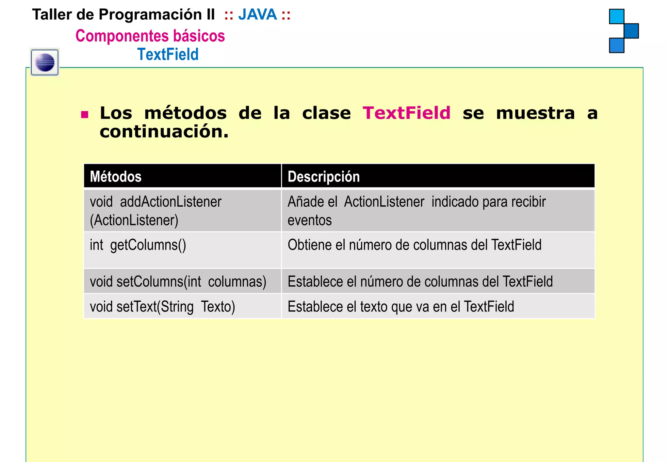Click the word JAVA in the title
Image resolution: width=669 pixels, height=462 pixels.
click(x=257, y=15)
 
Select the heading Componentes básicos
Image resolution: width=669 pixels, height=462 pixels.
click(x=150, y=36)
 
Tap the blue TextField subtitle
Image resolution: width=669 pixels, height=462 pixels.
click(x=168, y=54)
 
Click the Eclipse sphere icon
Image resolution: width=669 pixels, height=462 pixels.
click(x=45, y=62)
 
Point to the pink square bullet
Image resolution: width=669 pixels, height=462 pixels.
click(x=85, y=115)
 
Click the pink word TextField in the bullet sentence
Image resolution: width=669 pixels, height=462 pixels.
click(x=406, y=113)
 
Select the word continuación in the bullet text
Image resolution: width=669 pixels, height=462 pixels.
click(x=164, y=132)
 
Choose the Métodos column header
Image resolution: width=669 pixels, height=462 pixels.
click(x=116, y=177)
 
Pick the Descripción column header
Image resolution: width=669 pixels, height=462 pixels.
click(x=323, y=177)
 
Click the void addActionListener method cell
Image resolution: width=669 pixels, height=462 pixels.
click(x=155, y=211)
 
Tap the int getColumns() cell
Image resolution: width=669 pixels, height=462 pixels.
click(x=138, y=245)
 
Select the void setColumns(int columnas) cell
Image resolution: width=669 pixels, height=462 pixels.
click(x=178, y=281)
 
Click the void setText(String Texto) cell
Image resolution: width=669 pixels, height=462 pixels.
click(x=162, y=307)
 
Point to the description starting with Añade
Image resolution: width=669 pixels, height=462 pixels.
click(x=416, y=211)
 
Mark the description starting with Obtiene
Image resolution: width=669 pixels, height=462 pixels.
click(x=414, y=245)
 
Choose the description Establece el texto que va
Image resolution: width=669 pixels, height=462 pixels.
click(x=400, y=307)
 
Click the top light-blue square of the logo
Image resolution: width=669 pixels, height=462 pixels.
click(x=616, y=16)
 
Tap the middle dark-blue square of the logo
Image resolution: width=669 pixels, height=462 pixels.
click(x=631, y=31)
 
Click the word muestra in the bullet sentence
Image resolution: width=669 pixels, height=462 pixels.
click(x=535, y=113)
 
